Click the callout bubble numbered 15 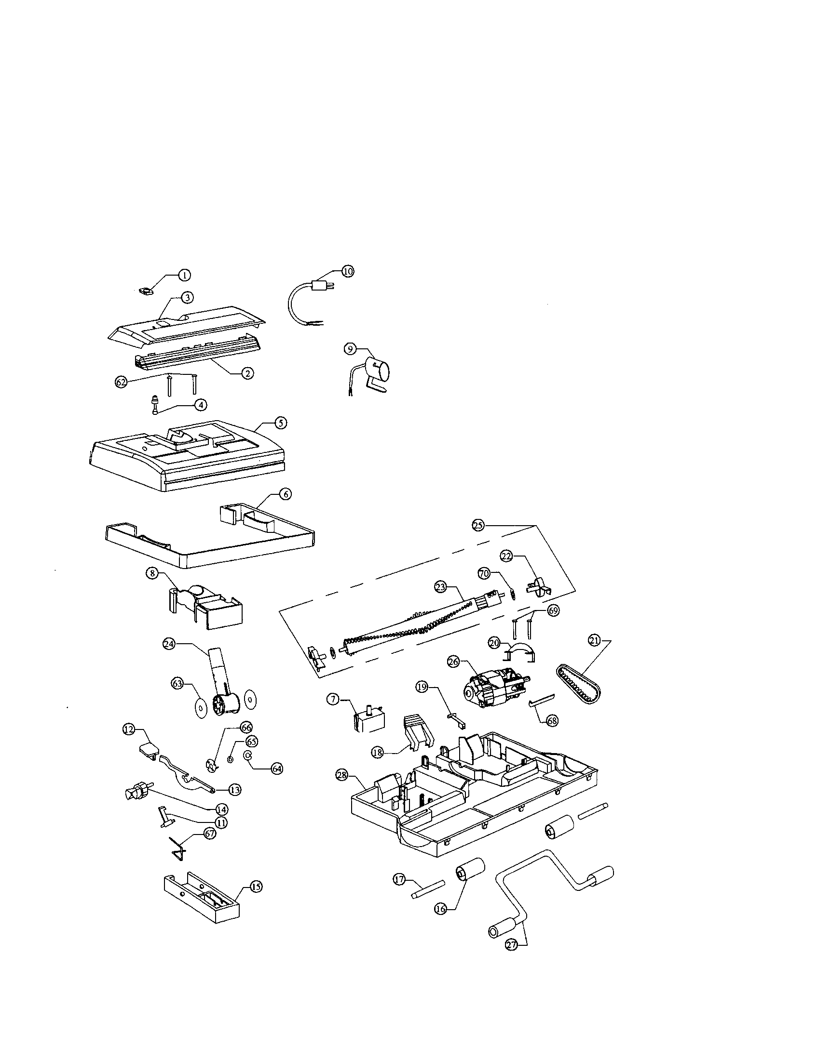[x=256, y=887]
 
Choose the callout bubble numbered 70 [x=484, y=574]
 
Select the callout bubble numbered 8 [x=152, y=573]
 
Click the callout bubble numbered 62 [x=121, y=382]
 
